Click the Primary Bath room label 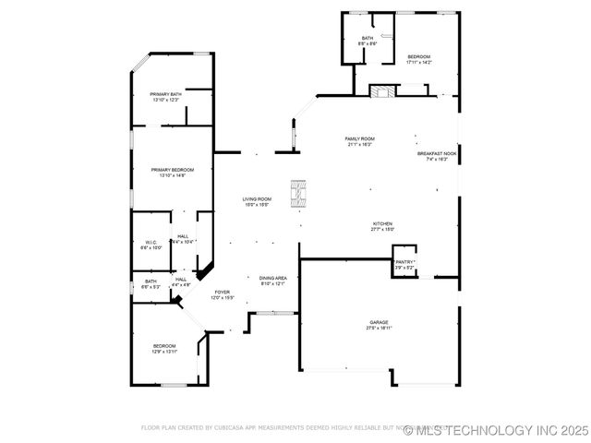pos(166,94)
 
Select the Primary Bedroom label pos(173,170)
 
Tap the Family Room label pos(360,138)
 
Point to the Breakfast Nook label pos(437,153)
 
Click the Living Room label pos(257,199)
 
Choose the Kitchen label pos(383,223)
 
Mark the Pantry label pos(404,262)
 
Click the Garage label pos(380,322)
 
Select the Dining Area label pos(272,278)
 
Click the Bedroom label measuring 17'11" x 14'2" pos(418,57)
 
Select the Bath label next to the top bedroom pos(368,39)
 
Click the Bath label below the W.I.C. pos(151,281)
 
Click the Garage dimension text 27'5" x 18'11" pos(380,328)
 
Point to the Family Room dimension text pos(360,144)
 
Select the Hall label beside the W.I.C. pos(183,236)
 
